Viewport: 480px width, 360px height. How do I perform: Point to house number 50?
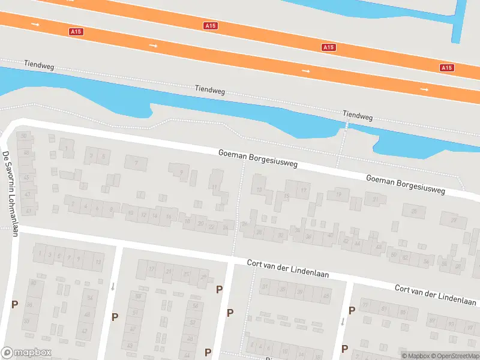[x=25, y=136]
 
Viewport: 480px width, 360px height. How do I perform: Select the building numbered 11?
[x=215, y=187]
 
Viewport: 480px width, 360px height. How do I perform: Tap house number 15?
[x=287, y=196]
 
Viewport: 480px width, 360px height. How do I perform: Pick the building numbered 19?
[x=339, y=193]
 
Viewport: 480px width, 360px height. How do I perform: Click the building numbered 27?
[x=454, y=220]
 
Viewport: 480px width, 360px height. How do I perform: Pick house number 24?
[x=225, y=228]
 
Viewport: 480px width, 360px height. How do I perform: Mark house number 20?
[x=200, y=224]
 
